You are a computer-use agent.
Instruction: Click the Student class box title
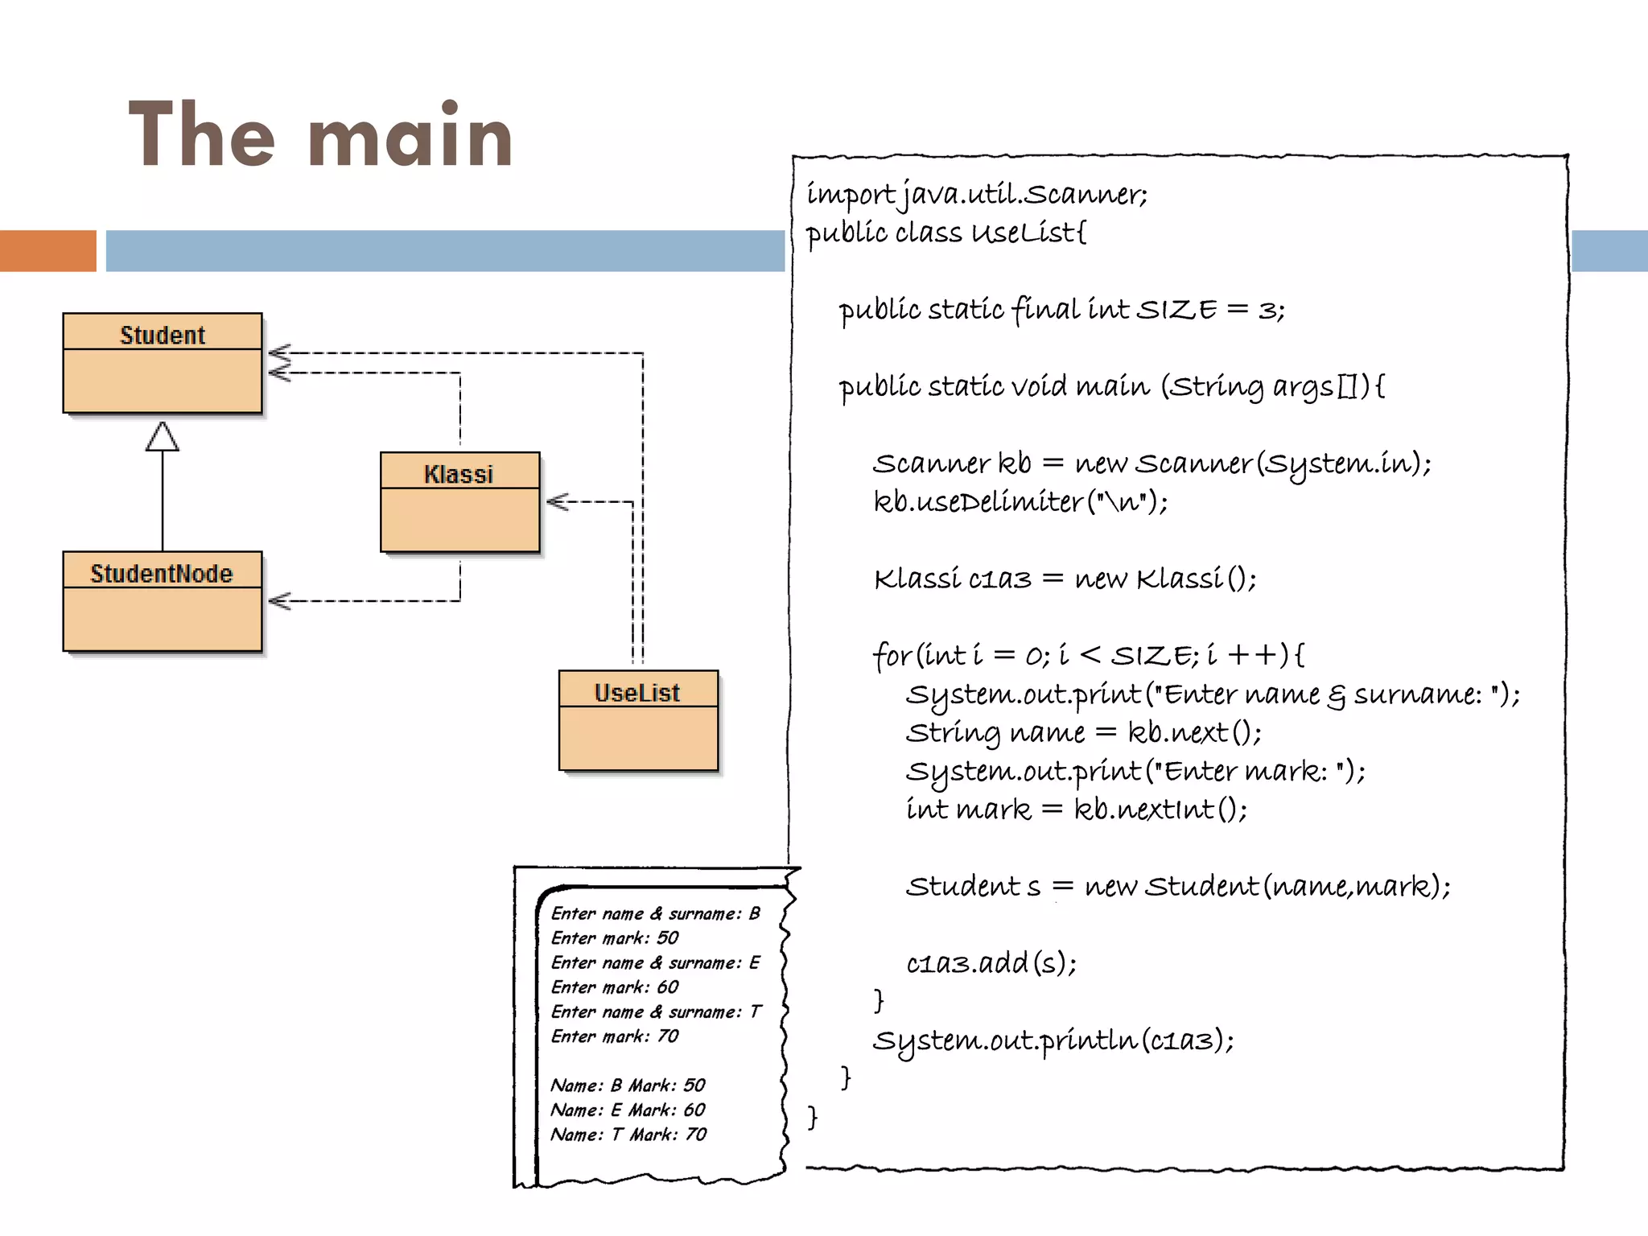click(x=163, y=335)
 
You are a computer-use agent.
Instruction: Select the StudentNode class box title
click(x=162, y=573)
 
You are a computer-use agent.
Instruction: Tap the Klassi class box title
click(x=459, y=474)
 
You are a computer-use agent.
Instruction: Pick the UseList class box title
click(x=637, y=692)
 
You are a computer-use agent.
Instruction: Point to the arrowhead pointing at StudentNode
click(x=278, y=601)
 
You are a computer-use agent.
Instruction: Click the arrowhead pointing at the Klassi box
click(x=557, y=502)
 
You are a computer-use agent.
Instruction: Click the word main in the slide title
click(x=410, y=137)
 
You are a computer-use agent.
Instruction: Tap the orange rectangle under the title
click(x=47, y=251)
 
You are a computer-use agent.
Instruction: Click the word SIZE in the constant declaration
click(x=1176, y=310)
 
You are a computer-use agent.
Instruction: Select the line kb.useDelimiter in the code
click(x=1020, y=502)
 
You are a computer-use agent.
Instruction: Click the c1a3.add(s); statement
click(x=991, y=963)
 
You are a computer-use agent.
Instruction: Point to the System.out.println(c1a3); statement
click(x=1053, y=1040)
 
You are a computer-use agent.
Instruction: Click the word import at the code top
click(x=850, y=194)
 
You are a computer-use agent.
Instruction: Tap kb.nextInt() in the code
click(x=1160, y=810)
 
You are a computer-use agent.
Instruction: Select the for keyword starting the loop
click(x=892, y=655)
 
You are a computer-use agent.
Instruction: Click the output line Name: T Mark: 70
click(x=628, y=1135)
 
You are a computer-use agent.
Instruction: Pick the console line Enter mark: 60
click(x=615, y=987)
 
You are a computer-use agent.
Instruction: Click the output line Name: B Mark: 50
click(x=628, y=1086)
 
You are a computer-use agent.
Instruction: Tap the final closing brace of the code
click(x=813, y=1117)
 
